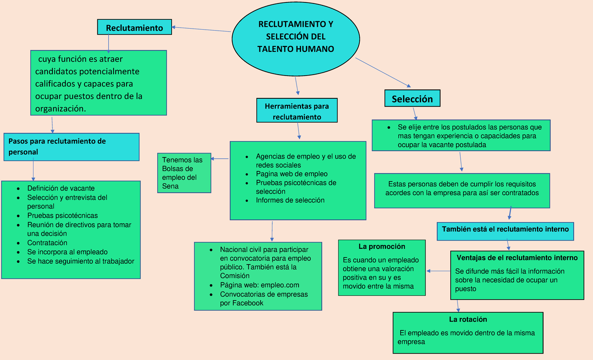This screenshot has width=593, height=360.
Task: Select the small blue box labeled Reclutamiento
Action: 134,28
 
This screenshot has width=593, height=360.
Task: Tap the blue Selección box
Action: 412,99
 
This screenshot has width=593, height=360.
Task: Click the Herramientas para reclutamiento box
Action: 296,111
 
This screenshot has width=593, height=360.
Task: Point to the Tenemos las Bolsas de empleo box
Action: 184,173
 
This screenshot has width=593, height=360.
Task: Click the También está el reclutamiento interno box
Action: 506,230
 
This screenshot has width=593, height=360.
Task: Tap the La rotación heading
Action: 467,319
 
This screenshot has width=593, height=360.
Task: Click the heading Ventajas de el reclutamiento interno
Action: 517,258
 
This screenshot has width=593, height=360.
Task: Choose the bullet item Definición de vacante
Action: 61,188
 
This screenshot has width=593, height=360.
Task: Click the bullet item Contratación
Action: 47,243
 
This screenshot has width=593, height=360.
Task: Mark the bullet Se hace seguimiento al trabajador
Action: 81,261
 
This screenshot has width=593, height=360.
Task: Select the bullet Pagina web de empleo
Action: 292,174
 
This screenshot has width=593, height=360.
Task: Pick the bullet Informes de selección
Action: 290,200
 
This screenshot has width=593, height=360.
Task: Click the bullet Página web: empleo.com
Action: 259,285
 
